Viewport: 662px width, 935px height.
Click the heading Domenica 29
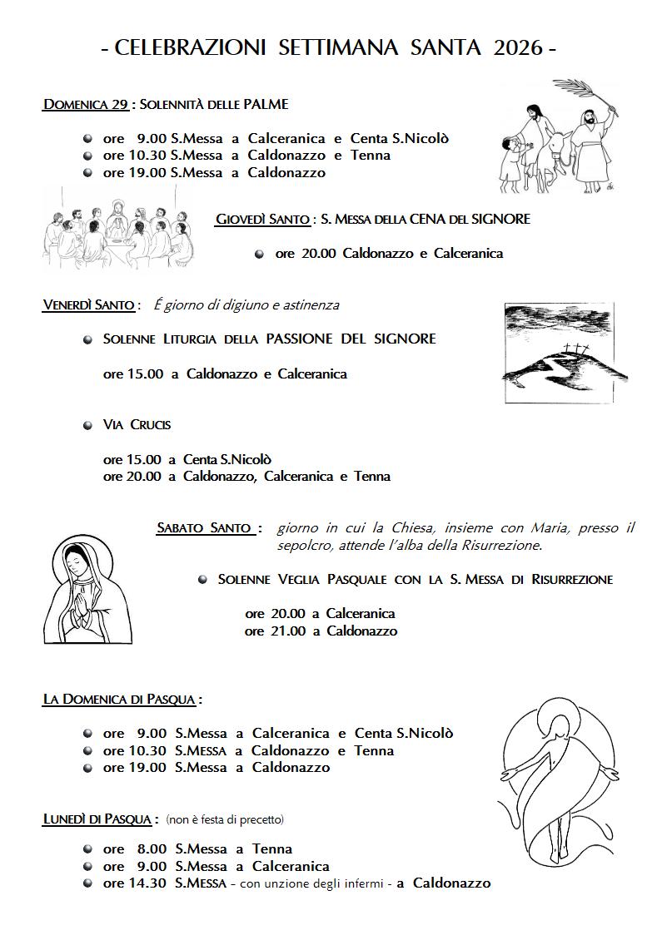pyautogui.click(x=85, y=105)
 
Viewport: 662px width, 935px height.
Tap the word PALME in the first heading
pyautogui.click(x=266, y=105)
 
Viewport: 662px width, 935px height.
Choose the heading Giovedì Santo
pyautogui.click(x=263, y=220)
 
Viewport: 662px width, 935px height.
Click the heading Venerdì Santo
pyautogui.click(x=88, y=305)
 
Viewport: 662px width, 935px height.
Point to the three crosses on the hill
pyautogui.click(x=571, y=350)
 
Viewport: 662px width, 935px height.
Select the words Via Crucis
pyautogui.click(x=137, y=425)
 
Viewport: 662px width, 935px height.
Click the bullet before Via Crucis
pyautogui.click(x=87, y=425)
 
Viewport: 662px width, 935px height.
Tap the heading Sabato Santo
pyautogui.click(x=204, y=528)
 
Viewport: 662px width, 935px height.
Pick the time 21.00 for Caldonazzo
pyautogui.click(x=289, y=631)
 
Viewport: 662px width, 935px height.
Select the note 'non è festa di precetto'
pyautogui.click(x=225, y=820)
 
